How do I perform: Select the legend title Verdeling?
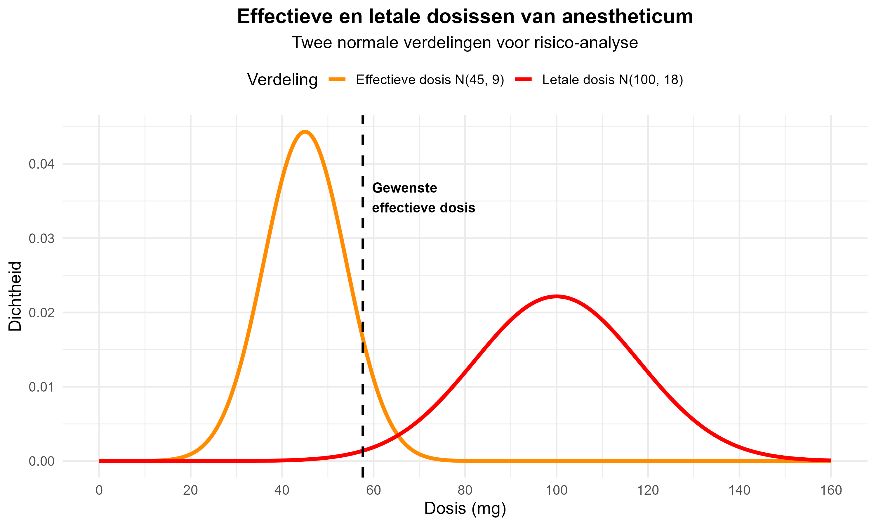[282, 80]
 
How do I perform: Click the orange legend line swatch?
[337, 80]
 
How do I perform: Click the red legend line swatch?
[523, 80]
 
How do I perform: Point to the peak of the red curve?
[556, 296]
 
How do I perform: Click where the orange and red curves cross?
[398, 435]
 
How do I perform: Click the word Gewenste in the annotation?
[404, 188]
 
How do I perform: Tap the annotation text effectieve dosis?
[423, 208]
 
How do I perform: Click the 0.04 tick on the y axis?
[41, 164]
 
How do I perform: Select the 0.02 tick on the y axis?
[41, 313]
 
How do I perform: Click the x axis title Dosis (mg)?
[465, 508]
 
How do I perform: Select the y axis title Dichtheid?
[15, 296]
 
